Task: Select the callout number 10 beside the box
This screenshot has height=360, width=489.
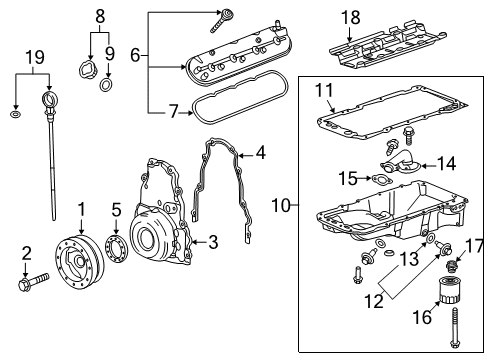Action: (x=284, y=205)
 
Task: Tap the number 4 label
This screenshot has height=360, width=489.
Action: (x=260, y=153)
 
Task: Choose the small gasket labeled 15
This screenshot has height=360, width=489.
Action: (x=383, y=181)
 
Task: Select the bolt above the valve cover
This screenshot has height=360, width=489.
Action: (x=227, y=17)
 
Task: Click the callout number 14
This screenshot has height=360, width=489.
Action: (x=445, y=162)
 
